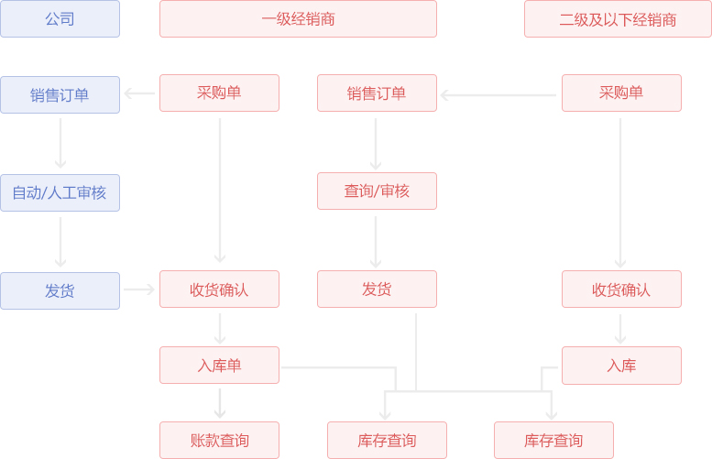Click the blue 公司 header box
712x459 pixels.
60,19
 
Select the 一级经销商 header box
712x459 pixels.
298,19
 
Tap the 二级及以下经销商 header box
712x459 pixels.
618,19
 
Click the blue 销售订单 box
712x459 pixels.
60,94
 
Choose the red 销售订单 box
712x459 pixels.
377,93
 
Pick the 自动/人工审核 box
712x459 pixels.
60,192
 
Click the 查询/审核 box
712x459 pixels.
377,191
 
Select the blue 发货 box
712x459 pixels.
60,290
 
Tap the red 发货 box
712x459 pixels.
377,290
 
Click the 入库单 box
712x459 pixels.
219,366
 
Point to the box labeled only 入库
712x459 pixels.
621,366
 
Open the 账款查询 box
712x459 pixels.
219,441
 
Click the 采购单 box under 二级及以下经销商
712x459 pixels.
621,93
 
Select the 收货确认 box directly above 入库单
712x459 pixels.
219,290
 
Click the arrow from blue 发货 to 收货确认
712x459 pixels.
139,290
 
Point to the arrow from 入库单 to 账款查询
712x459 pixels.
220,403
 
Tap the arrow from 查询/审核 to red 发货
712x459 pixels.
376,241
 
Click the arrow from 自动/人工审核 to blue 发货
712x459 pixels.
60,242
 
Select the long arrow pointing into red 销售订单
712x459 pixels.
498,94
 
